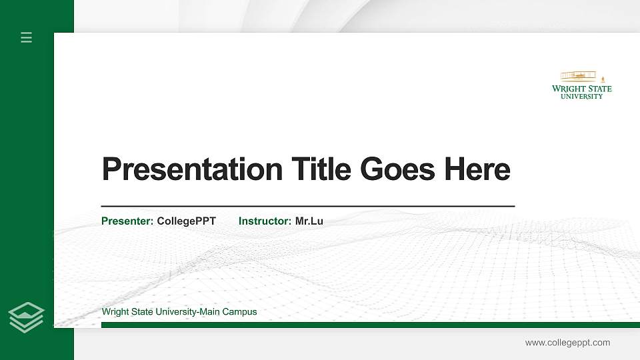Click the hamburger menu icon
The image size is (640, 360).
27,37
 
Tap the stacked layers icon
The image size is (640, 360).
27,317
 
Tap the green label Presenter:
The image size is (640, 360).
127,221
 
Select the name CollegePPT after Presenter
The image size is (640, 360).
186,221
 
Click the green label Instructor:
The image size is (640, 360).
265,221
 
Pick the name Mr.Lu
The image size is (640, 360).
309,221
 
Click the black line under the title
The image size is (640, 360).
307,207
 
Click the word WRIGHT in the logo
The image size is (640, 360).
569,89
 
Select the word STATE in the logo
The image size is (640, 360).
599,89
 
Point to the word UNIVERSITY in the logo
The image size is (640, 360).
581,96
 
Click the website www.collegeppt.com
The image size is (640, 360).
567,343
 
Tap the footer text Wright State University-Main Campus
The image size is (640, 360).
179,311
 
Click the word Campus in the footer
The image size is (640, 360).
241,311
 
